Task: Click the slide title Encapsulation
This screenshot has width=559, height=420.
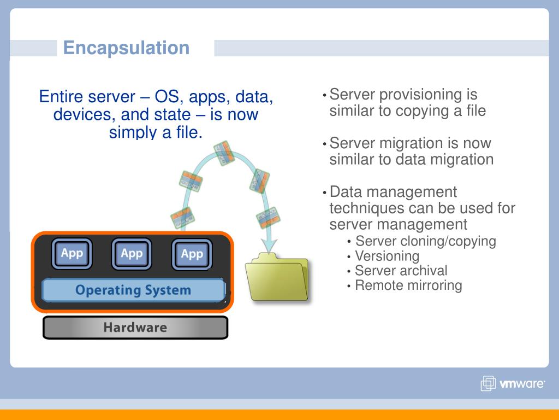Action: pos(126,48)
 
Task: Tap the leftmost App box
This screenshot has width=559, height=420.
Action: pos(72,254)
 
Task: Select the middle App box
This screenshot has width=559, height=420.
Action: pos(132,254)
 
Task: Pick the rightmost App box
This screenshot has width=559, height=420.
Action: pos(192,254)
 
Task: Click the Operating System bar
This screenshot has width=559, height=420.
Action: pos(133,290)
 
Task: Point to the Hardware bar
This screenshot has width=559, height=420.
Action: pos(135,328)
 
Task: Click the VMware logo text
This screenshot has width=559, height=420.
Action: pos(522,384)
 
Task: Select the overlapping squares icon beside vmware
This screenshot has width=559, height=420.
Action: pos(488,384)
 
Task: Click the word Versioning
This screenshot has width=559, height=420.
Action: pos(387,256)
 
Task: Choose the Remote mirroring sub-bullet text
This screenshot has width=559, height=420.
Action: pos(408,285)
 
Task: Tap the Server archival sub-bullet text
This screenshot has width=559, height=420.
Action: pos(401,271)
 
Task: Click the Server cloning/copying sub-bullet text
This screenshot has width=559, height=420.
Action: pos(425,241)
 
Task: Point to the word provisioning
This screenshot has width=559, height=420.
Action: pos(420,95)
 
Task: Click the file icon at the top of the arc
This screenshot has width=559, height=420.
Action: pos(224,153)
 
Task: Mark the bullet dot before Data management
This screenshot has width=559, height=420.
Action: pos(325,193)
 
